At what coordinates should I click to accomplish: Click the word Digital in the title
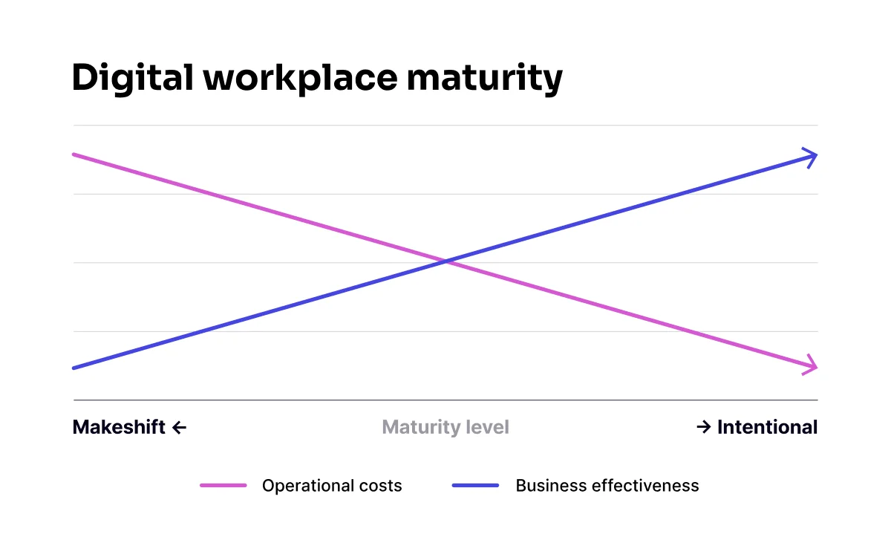pyautogui.click(x=130, y=79)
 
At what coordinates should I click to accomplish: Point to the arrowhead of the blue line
pyautogui.click(x=812, y=157)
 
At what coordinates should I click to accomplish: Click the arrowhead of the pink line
pyautogui.click(x=812, y=365)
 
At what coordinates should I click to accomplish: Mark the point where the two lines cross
pyautogui.click(x=446, y=261)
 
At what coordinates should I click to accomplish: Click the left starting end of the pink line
pyautogui.click(x=74, y=154)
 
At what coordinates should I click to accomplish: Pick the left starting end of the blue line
pyautogui.click(x=74, y=368)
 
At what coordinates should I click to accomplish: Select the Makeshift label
pyautogui.click(x=119, y=427)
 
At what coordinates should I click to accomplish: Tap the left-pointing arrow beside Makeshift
pyautogui.click(x=179, y=427)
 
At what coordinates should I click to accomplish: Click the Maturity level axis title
pyautogui.click(x=446, y=427)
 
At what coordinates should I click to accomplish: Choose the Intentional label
pyautogui.click(x=767, y=427)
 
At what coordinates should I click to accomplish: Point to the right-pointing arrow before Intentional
pyautogui.click(x=704, y=427)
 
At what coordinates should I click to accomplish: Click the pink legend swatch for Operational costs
pyautogui.click(x=223, y=486)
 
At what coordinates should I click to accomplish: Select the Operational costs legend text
pyautogui.click(x=332, y=486)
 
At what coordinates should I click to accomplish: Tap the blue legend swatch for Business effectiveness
pyautogui.click(x=475, y=486)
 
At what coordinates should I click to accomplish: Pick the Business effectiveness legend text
pyautogui.click(x=607, y=486)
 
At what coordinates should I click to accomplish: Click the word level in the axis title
pyautogui.click(x=488, y=427)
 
